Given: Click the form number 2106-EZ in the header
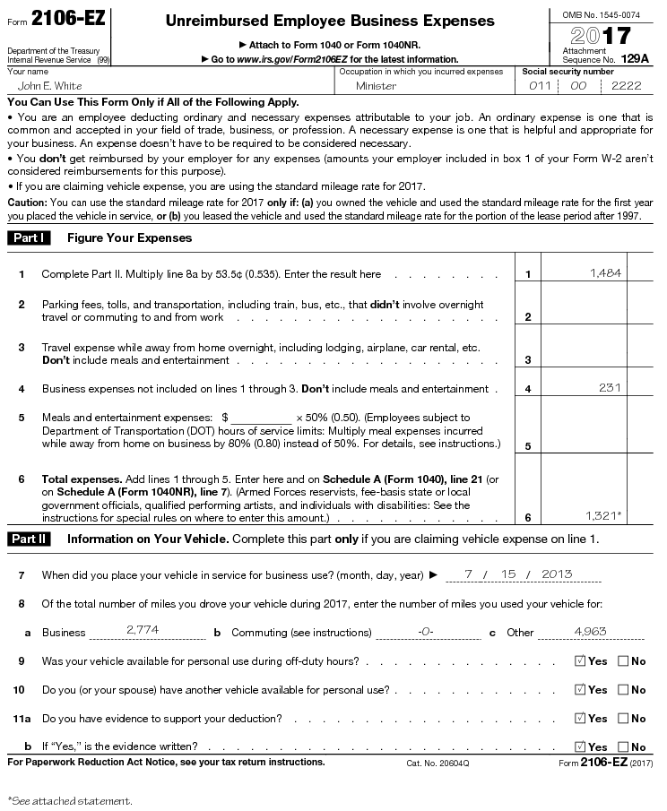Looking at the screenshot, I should tap(61, 19).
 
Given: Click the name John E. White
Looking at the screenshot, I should tap(50, 86).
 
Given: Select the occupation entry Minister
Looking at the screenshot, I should tap(376, 86).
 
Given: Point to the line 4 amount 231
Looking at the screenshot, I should tap(611, 387).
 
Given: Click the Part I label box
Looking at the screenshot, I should tap(29, 237).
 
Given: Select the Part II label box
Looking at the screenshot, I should tap(30, 539).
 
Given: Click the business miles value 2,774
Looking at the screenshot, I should tap(143, 630).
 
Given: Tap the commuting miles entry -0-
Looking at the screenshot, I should tap(426, 631).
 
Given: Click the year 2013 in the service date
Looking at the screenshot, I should tap(557, 574).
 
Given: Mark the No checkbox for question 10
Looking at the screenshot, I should tap(622, 690).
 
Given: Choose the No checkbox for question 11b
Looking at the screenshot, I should tap(622, 746).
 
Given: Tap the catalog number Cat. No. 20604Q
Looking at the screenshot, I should tap(437, 763).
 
